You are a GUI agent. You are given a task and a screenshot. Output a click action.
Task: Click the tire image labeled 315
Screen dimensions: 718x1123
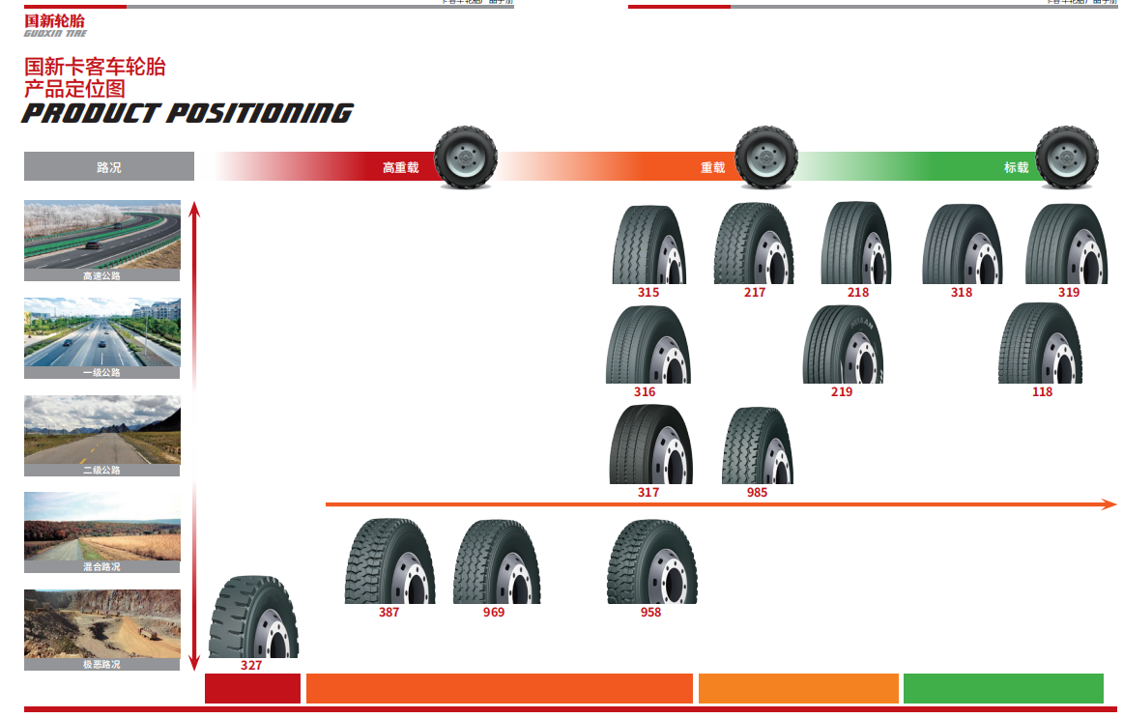[x=648, y=244]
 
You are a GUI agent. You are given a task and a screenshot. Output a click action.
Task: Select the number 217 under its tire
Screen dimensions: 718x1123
[x=755, y=292]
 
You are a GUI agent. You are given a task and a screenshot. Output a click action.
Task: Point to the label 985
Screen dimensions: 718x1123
[x=757, y=493]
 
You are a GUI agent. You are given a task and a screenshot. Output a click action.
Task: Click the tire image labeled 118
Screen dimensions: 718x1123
[x=1041, y=343]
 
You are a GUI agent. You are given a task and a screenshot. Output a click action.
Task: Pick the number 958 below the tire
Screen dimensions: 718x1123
[x=650, y=613]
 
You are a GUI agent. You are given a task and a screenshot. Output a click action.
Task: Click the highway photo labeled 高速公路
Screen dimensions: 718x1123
[x=102, y=236]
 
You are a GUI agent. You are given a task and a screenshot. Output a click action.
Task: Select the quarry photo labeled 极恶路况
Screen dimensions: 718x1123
[x=102, y=624]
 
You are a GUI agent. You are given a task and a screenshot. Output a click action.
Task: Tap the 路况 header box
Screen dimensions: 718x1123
[x=109, y=167]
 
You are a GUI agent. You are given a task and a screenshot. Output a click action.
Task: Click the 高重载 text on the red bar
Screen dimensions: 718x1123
[x=400, y=168]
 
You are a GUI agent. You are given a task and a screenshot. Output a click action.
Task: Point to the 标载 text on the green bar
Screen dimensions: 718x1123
[x=1016, y=168]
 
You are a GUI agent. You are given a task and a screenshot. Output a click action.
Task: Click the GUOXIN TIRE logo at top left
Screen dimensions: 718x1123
[x=55, y=26]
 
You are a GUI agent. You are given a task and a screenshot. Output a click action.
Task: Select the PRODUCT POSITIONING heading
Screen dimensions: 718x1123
[x=187, y=113]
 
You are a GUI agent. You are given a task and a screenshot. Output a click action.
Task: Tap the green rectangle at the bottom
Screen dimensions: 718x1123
[x=1002, y=688]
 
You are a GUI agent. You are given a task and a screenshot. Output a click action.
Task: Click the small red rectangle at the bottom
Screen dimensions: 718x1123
[x=252, y=688]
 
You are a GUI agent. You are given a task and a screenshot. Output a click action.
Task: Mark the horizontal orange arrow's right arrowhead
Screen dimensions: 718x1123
[x=1110, y=504]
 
